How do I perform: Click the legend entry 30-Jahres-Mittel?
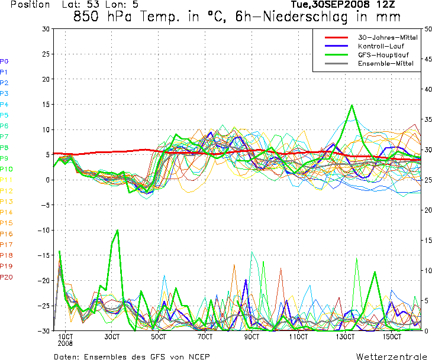point(388,37)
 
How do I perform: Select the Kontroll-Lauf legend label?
point(381,46)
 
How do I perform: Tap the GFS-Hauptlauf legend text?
point(383,55)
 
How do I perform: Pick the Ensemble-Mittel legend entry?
point(386,64)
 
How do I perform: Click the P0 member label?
point(4,61)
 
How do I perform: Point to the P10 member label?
point(7,169)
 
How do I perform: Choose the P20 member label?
point(7,277)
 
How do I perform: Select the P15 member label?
point(7,223)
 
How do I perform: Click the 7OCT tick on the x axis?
point(205,337)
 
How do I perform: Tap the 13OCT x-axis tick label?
point(345,337)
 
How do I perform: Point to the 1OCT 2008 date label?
point(65,340)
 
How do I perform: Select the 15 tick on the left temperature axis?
point(46,105)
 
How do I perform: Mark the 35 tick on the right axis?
point(428,119)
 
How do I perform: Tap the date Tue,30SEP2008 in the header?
point(330,4)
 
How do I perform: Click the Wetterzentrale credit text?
point(391,356)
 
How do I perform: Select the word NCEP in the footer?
point(199,356)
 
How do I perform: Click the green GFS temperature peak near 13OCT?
point(352,105)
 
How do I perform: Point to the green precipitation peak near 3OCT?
point(118,230)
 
